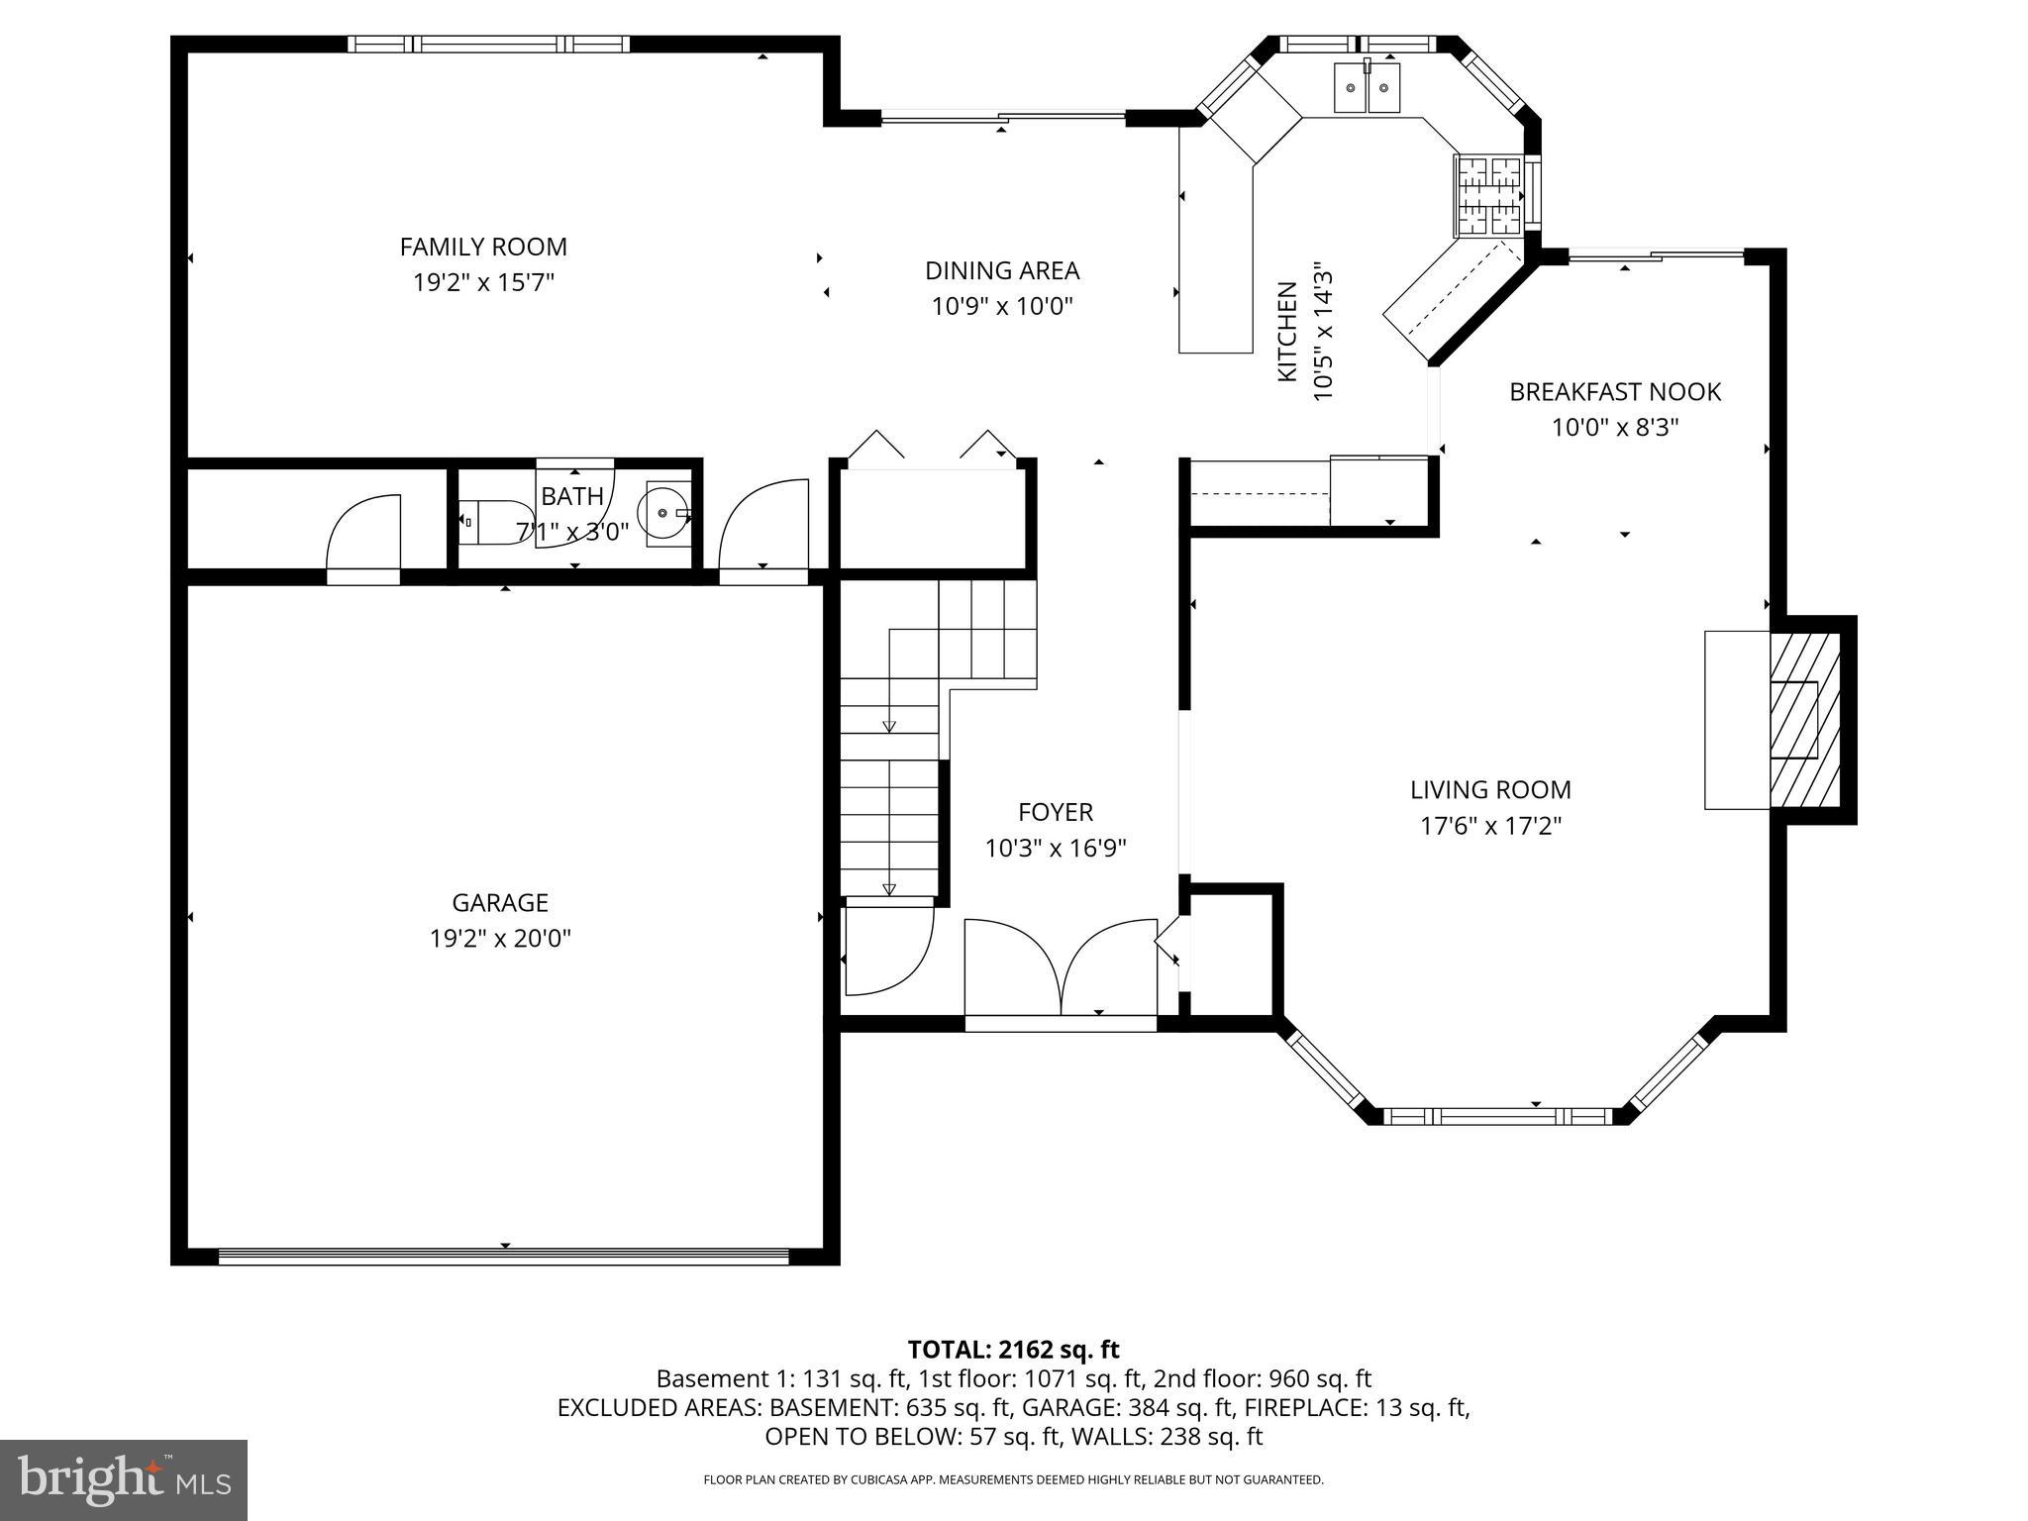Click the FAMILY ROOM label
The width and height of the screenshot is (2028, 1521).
[483, 247]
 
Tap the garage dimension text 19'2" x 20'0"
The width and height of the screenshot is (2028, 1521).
[500, 938]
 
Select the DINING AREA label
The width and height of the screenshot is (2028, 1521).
[1002, 270]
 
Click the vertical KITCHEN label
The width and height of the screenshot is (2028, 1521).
[1286, 332]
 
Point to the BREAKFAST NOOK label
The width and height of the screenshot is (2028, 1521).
[1614, 392]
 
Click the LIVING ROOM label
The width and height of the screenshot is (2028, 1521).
[1490, 789]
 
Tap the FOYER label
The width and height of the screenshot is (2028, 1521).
[1056, 812]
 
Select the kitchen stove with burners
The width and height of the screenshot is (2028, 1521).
[1486, 195]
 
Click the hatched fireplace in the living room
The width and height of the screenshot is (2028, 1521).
[1804, 720]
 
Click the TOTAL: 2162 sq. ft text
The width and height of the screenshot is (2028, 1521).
[1013, 1349]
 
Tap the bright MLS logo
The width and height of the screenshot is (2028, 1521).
[124, 1479]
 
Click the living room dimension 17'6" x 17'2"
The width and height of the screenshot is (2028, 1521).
[1490, 826]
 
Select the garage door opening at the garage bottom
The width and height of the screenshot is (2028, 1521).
[503, 1257]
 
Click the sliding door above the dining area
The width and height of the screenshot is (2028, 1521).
[1002, 118]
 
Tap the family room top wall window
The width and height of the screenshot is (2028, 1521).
[488, 44]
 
